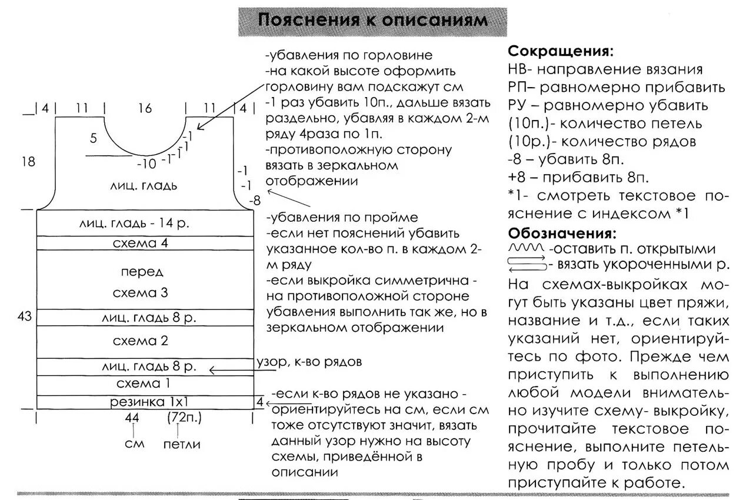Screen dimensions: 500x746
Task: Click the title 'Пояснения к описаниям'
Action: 373,21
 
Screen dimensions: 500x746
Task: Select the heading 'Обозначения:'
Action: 562,232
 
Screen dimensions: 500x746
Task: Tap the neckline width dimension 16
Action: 145,108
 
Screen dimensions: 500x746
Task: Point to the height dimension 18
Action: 28,161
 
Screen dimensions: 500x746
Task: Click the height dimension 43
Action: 24,316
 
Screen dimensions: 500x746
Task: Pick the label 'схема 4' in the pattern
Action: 141,243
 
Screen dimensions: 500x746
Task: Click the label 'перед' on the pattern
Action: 142,272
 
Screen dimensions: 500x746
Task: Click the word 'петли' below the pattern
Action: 181,444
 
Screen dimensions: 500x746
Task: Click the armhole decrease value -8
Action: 254,201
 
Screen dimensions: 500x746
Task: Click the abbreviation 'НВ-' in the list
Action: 519,69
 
